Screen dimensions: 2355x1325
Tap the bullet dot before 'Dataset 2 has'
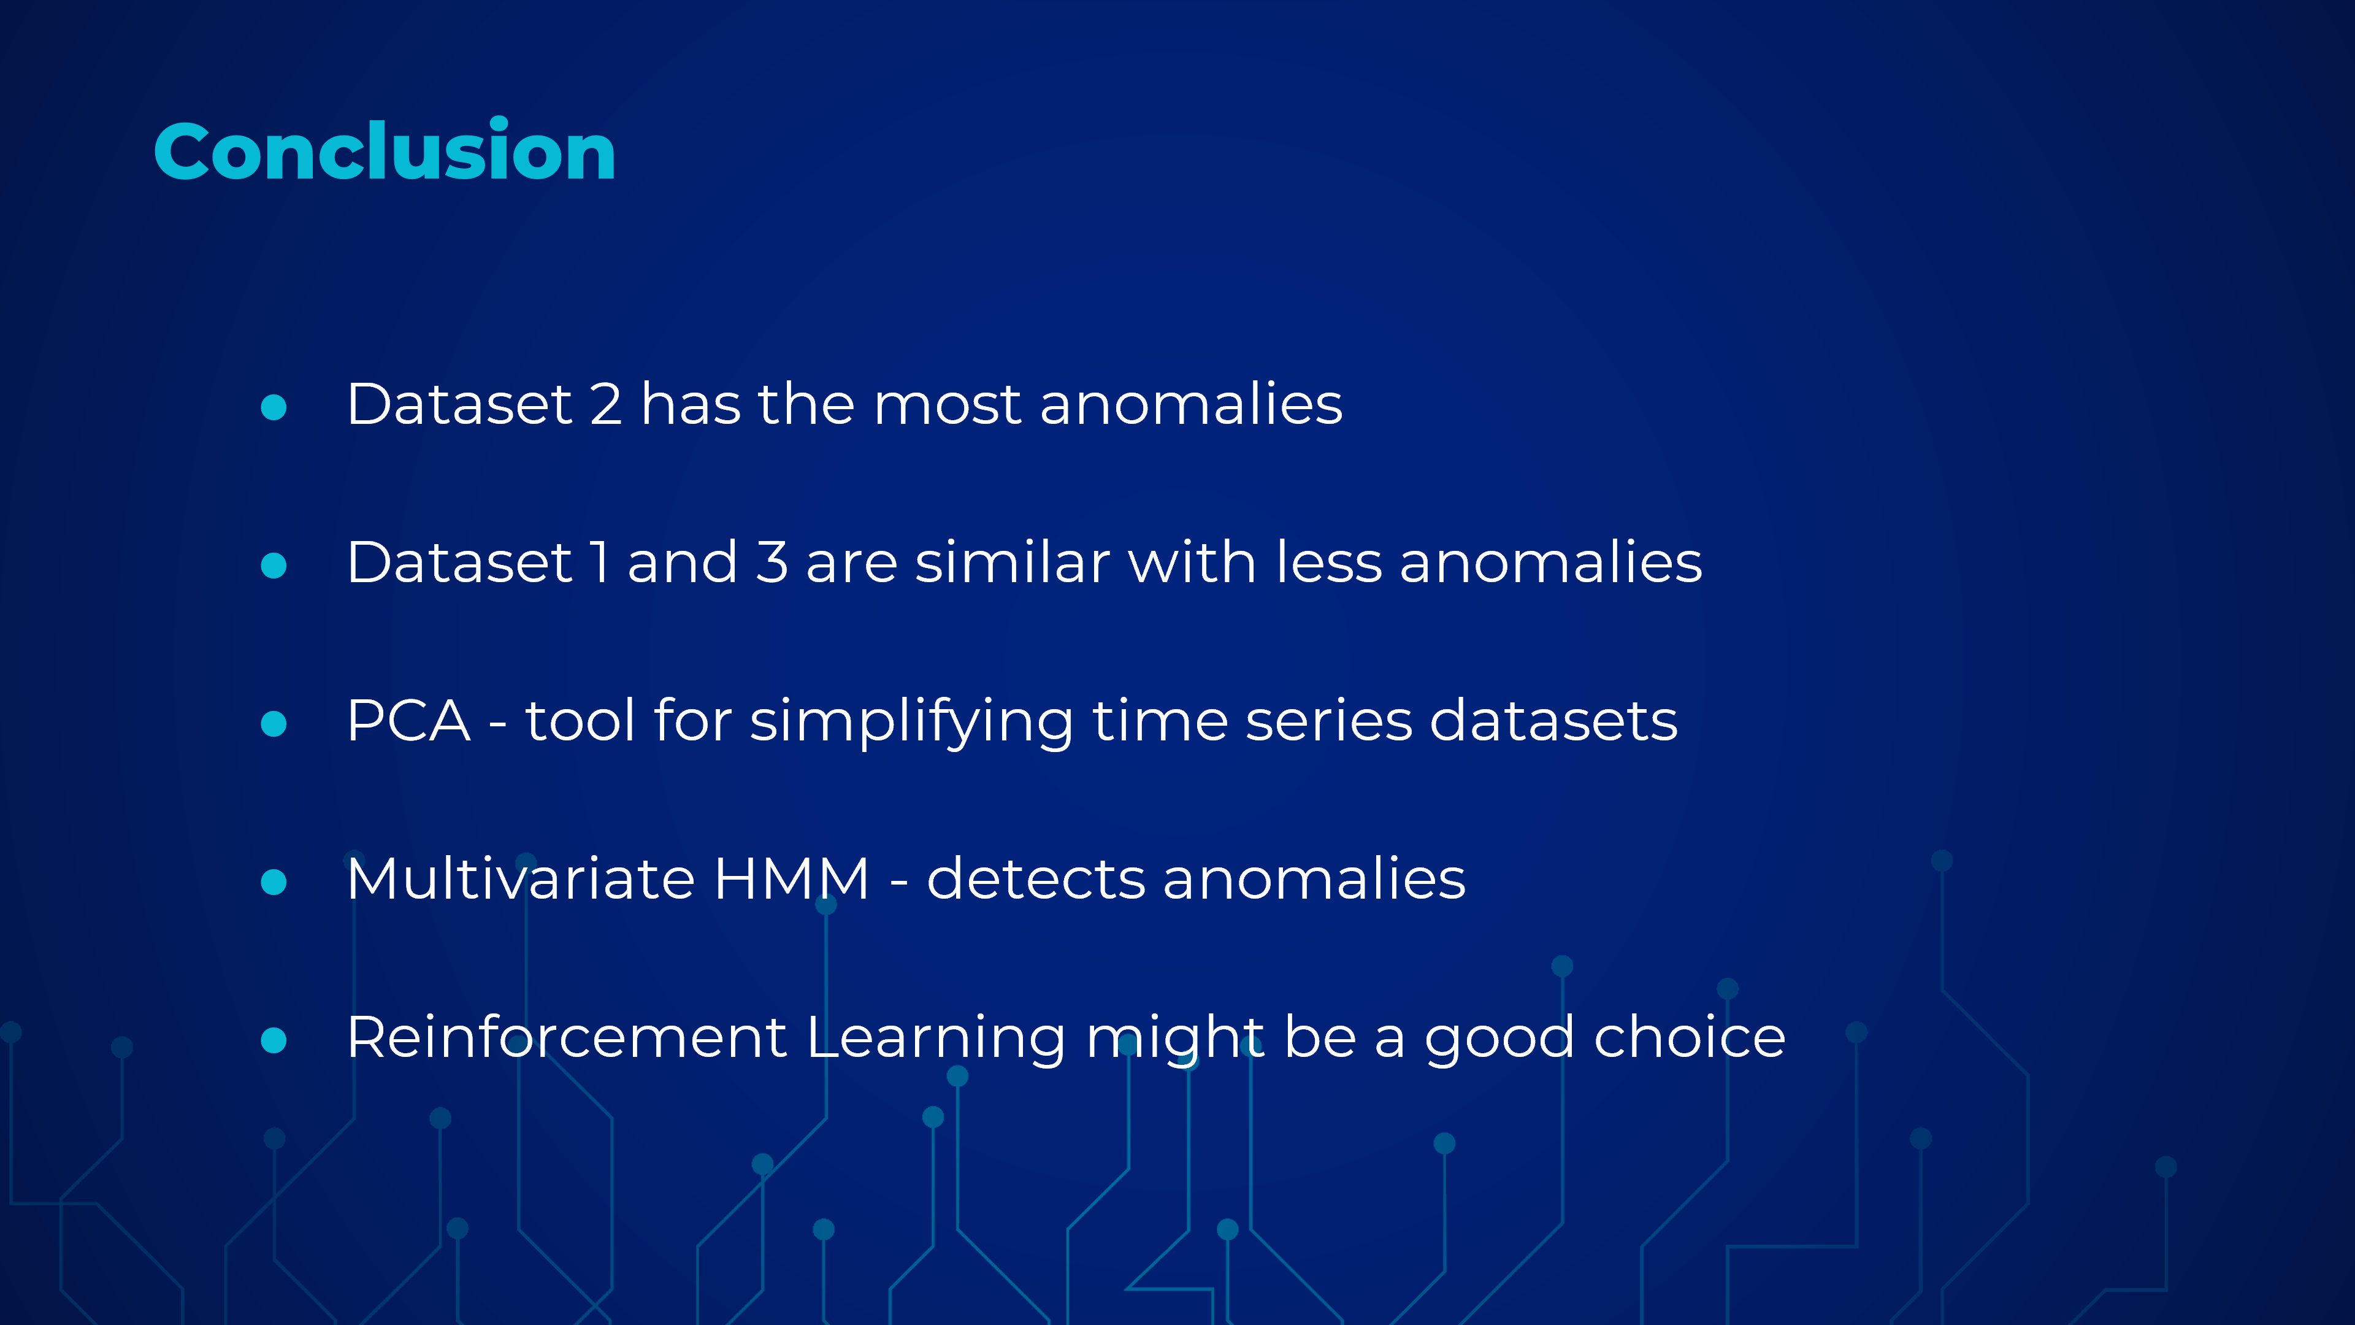click(274, 407)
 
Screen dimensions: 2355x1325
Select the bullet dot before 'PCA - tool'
click(274, 723)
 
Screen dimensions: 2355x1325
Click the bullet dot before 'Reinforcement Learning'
click(274, 1040)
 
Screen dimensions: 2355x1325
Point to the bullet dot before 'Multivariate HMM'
click(274, 881)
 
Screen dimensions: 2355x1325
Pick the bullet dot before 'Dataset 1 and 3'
click(274, 565)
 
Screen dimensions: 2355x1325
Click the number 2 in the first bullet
click(606, 404)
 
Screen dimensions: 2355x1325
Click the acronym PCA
click(408, 721)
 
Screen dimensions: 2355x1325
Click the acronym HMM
click(791, 879)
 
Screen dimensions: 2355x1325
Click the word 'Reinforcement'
click(567, 1036)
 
